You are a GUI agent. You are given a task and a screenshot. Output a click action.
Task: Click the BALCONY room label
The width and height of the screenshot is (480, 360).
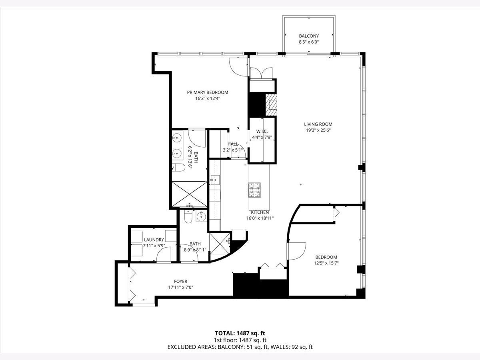coord(309,36)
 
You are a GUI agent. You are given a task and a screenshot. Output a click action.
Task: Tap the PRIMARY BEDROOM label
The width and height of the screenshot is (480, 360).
coord(208,92)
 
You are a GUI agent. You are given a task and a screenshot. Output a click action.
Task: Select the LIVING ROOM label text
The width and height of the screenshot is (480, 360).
coord(318,124)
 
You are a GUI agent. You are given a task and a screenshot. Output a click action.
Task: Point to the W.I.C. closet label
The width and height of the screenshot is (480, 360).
coord(262,131)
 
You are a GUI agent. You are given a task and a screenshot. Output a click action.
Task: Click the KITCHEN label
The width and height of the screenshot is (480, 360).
coord(260,212)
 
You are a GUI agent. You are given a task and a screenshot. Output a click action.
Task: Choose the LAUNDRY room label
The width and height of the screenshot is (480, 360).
coord(154,240)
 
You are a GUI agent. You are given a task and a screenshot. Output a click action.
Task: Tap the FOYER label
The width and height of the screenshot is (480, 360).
coord(181,281)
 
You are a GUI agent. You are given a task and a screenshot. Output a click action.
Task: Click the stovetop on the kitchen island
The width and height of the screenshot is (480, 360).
coord(254,190)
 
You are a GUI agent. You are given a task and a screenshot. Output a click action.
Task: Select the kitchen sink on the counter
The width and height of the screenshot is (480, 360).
coord(215,180)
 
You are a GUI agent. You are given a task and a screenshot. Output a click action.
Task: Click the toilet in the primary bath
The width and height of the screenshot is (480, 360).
coord(178,167)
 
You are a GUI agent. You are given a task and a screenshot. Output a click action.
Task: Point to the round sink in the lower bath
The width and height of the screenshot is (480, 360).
coord(201,216)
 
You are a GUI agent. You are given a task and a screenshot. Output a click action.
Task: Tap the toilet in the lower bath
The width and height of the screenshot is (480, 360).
coord(188,216)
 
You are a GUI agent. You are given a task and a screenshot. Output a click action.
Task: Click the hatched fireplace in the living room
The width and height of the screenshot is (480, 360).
coord(271,105)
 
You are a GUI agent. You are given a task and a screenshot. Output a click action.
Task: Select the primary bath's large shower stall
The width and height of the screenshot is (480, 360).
coord(189,194)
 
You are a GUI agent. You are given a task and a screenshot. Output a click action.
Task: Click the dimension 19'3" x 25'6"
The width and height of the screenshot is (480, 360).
coord(318,130)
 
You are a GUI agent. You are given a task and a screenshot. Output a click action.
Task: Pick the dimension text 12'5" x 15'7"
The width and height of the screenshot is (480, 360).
coord(326,263)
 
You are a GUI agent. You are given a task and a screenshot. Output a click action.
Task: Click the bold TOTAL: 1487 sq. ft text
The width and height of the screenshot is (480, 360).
coord(240,333)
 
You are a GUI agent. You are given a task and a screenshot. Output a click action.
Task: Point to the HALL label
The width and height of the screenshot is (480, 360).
coord(233,144)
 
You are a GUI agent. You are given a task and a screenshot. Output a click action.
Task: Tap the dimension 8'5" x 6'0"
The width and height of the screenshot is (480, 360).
coord(309,42)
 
